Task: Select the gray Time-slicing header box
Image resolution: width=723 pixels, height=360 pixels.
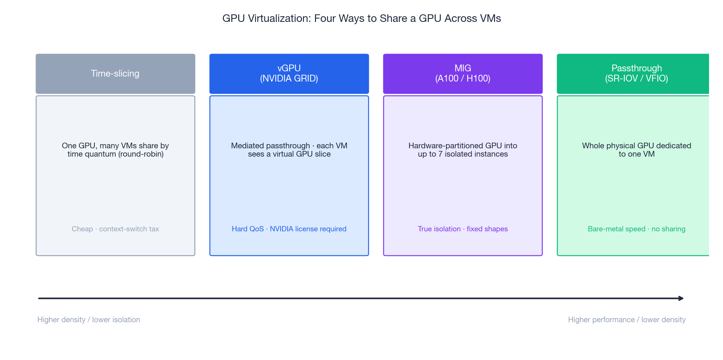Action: coord(115,74)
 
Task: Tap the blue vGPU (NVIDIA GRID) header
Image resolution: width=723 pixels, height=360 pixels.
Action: coord(289,74)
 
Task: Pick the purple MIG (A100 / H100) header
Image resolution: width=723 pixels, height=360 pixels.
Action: coord(462,74)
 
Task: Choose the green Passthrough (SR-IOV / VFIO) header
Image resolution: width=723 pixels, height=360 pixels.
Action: coord(636,74)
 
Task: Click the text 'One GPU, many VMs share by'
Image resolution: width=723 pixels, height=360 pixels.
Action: coord(115,146)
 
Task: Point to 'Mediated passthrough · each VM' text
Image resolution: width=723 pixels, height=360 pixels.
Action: coord(289,146)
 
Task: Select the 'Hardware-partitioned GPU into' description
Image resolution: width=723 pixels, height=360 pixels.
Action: coord(462,146)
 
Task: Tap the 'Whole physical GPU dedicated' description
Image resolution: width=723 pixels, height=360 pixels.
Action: coord(636,146)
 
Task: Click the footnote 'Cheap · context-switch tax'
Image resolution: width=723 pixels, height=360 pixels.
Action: coord(115,229)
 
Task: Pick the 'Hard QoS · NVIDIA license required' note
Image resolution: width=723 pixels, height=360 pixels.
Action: coord(289,229)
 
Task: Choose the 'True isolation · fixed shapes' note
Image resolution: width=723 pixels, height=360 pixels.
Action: coord(462,229)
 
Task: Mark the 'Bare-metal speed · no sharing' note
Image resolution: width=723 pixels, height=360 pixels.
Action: coord(636,229)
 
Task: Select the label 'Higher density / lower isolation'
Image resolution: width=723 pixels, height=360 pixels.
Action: coord(89,320)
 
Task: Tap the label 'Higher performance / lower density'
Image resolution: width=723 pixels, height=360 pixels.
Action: coord(627,320)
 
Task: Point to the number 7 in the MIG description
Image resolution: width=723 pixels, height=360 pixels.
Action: coord(440,154)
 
